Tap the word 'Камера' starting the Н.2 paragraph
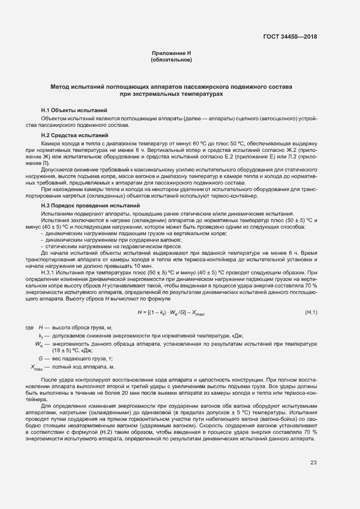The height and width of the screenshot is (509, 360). tap(51, 142)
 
